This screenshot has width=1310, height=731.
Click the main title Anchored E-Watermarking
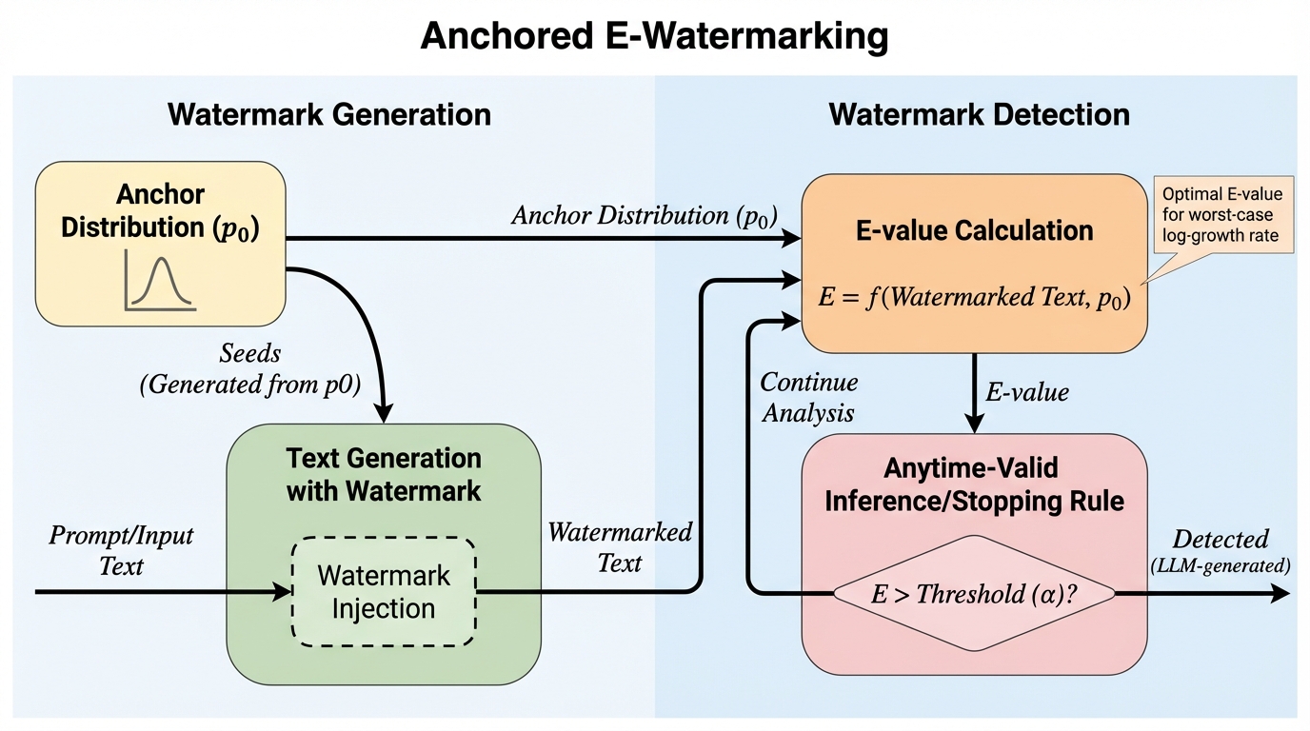pos(654,36)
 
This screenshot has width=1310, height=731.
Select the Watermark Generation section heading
pos(329,115)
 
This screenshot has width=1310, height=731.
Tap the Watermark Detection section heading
pos(979,115)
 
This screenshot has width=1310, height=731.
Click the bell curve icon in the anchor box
pos(160,280)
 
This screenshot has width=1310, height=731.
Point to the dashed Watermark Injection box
pos(383,592)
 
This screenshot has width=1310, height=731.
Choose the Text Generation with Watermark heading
pos(384,474)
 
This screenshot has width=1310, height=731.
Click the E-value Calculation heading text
pos(974,230)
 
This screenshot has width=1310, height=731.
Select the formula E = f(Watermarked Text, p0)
pos(974,298)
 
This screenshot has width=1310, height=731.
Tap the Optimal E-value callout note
pos(1222,214)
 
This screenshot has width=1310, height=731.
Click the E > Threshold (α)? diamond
pos(973,593)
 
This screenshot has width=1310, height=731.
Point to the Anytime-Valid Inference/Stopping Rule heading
pos(974,484)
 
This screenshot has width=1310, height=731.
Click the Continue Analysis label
pos(808,397)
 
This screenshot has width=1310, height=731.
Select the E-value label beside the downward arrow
pos(1026,392)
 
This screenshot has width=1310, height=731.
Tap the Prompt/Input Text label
pos(121,550)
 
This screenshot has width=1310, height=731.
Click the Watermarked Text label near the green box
pos(620,546)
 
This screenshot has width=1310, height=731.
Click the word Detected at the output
pos(1221,540)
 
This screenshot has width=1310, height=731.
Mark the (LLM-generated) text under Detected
pos(1221,565)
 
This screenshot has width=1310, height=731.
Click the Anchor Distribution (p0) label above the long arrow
pos(645,216)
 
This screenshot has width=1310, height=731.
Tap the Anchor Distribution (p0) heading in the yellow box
pos(160,211)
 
